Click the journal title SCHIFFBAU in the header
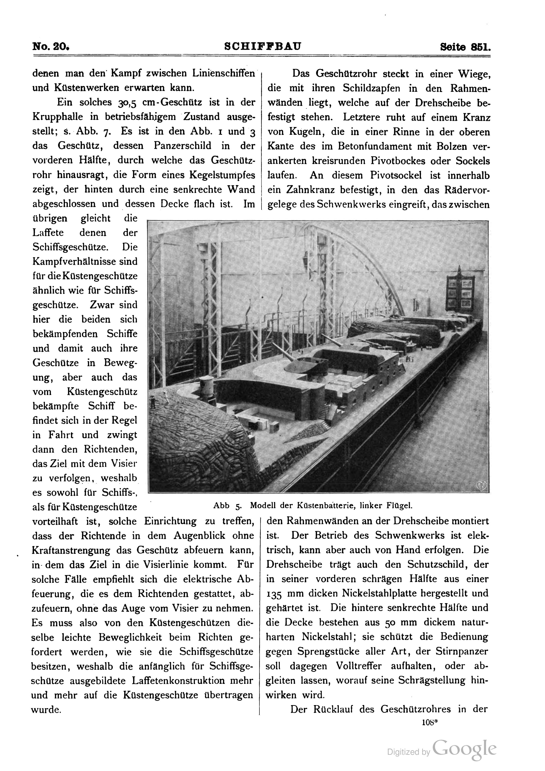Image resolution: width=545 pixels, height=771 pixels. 263,46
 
